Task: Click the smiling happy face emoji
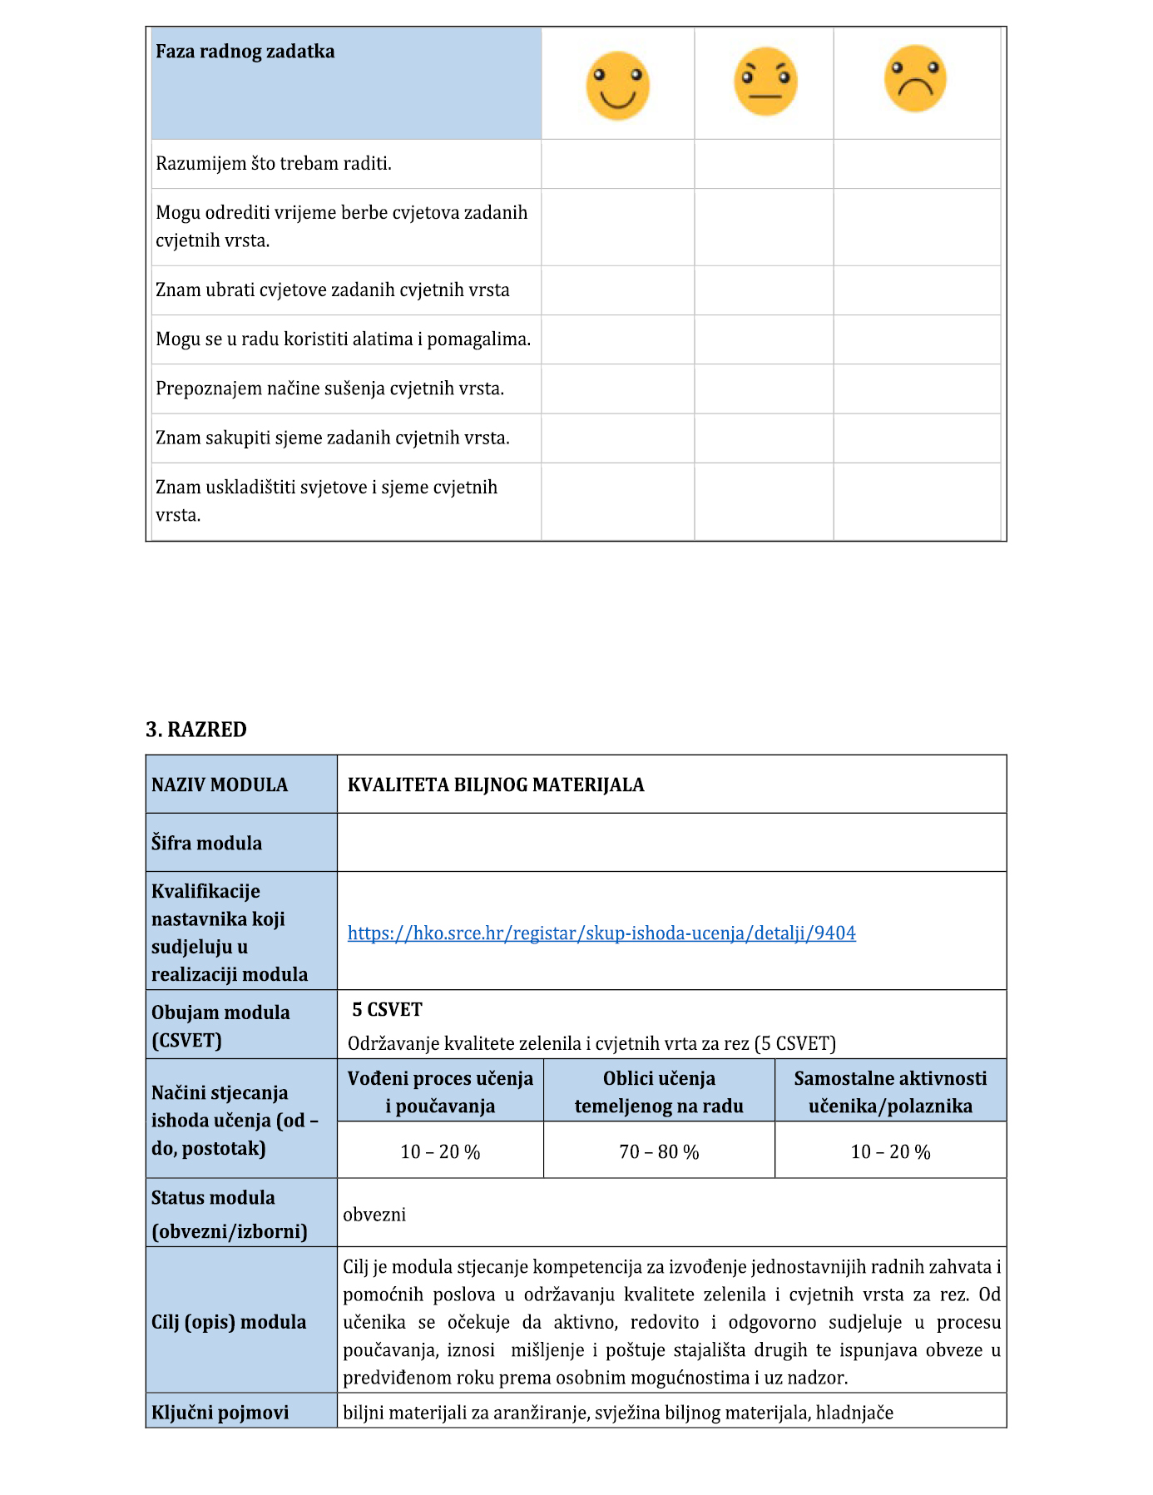617,86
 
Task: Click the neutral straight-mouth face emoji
765,82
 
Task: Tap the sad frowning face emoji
915,79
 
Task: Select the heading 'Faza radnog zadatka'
245,52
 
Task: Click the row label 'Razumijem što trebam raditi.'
274,164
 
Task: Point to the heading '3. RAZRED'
196,730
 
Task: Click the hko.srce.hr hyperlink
601,933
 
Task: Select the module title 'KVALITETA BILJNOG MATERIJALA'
496,785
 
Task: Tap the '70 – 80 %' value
659,1152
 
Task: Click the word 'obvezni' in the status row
374,1215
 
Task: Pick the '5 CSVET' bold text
387,1010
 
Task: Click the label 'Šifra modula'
206,844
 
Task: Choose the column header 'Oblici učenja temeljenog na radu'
659,1092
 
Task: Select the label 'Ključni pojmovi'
220,1413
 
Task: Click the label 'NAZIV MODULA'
220,785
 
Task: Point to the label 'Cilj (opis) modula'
229,1322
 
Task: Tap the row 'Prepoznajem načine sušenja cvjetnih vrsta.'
330,389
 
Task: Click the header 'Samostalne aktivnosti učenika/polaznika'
890,1092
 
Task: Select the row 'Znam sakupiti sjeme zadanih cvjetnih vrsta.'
333,438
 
